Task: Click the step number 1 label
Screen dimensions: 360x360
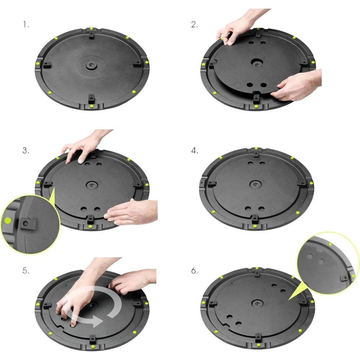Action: (25, 25)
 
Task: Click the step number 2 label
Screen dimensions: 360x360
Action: (195, 25)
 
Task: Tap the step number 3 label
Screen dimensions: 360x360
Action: (26, 151)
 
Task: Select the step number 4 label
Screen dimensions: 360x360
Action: (195, 151)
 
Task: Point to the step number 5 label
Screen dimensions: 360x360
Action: (26, 271)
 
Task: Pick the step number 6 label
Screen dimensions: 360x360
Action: (195, 271)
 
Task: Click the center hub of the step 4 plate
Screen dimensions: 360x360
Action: (256, 184)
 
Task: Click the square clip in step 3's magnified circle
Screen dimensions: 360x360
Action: (26, 225)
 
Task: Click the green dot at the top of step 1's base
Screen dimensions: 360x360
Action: (91, 28)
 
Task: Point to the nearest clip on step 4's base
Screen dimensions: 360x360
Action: (255, 218)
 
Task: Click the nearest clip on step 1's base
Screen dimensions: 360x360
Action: (91, 98)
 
